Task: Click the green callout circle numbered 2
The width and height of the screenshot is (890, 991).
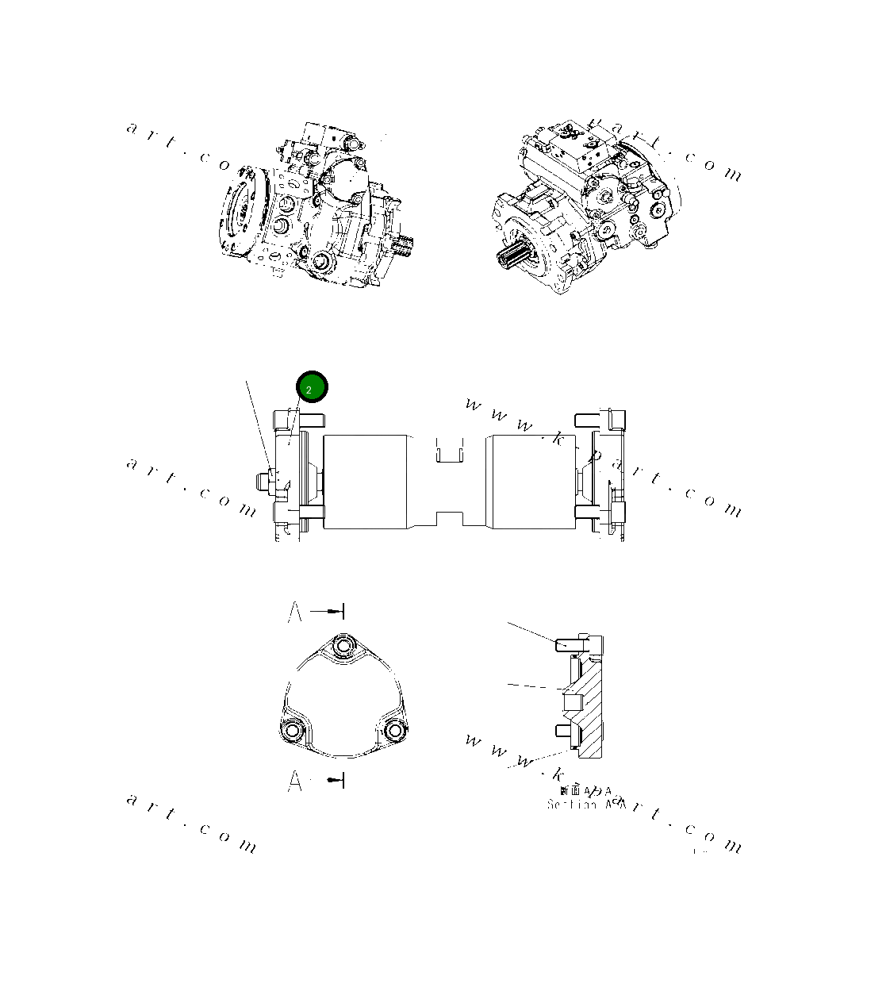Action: point(312,387)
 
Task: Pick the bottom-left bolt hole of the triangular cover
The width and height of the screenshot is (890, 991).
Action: point(292,730)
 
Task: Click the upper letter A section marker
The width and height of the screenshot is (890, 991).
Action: point(295,613)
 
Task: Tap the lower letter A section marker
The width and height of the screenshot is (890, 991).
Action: point(295,782)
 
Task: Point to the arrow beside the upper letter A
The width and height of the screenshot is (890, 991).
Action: point(327,611)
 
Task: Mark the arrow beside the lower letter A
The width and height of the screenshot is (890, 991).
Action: point(336,782)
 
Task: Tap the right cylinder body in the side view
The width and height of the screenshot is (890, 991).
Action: point(531,481)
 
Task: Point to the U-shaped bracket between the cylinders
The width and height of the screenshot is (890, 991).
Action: point(449,450)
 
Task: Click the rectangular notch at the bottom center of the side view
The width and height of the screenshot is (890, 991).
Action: point(449,519)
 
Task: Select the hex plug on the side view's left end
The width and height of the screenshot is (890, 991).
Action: point(263,481)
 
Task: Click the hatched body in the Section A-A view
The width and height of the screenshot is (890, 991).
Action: point(593,698)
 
